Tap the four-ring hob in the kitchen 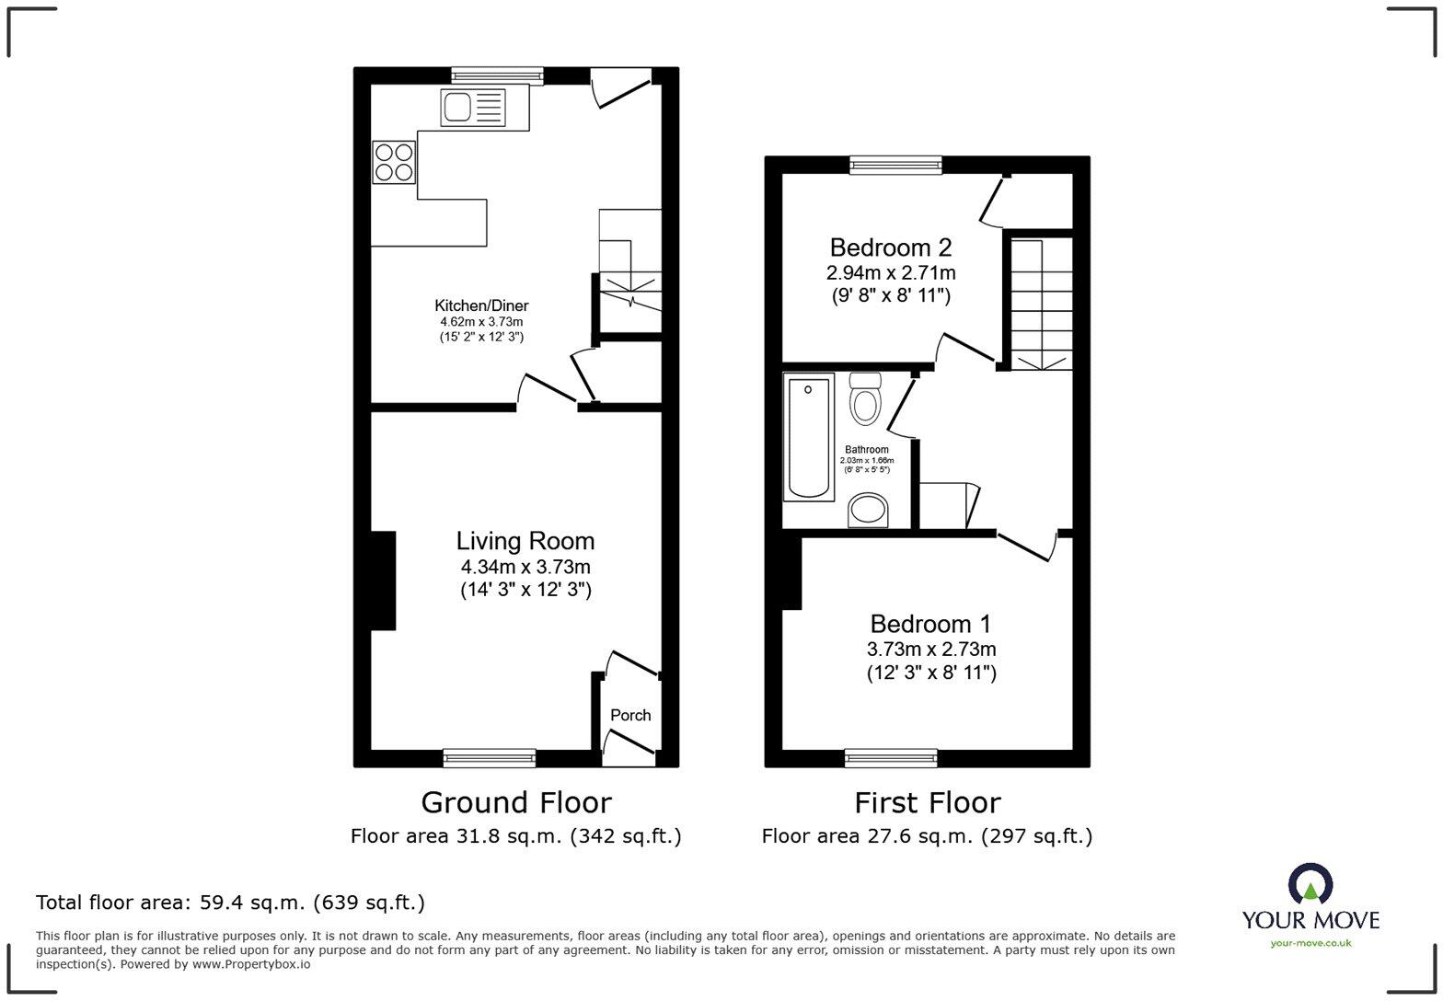394,162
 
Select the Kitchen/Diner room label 481,305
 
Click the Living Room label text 525,541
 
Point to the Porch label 630,715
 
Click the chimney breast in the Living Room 383,581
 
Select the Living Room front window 489,758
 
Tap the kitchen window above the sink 497,76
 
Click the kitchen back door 621,88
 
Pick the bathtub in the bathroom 808,437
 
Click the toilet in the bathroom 865,398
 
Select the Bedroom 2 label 890,247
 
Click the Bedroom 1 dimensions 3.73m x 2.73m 931,650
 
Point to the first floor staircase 1042,304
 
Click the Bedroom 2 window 895,165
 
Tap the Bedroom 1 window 891,758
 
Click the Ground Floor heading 515,802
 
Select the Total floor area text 230,903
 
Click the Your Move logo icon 1310,885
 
